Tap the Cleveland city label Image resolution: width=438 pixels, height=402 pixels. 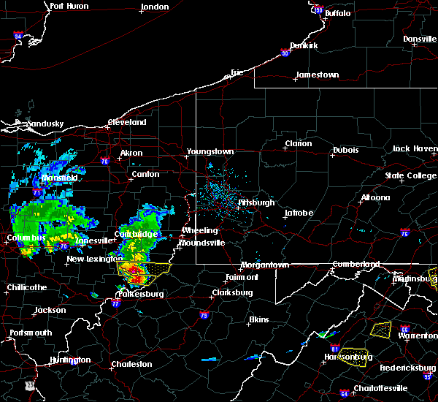tap(127, 123)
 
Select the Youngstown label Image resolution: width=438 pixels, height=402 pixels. tap(210, 151)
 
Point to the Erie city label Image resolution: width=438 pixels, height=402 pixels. tap(237, 72)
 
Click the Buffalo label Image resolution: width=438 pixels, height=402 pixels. tap(337, 13)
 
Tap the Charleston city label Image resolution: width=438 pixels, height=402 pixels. tap(131, 364)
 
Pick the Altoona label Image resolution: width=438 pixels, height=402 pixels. tap(375, 197)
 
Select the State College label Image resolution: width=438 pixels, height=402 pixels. tap(411, 176)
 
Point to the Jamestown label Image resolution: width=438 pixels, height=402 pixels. tap(317, 75)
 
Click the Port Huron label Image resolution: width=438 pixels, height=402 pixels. tap(69, 7)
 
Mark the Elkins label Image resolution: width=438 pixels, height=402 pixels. tap(258, 319)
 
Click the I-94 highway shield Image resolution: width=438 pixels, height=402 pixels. tap(18, 36)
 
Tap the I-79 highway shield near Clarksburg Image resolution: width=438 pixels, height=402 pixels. tap(203, 316)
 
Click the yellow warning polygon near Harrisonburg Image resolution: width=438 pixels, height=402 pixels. tap(353, 357)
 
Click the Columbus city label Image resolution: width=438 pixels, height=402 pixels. tap(27, 238)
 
